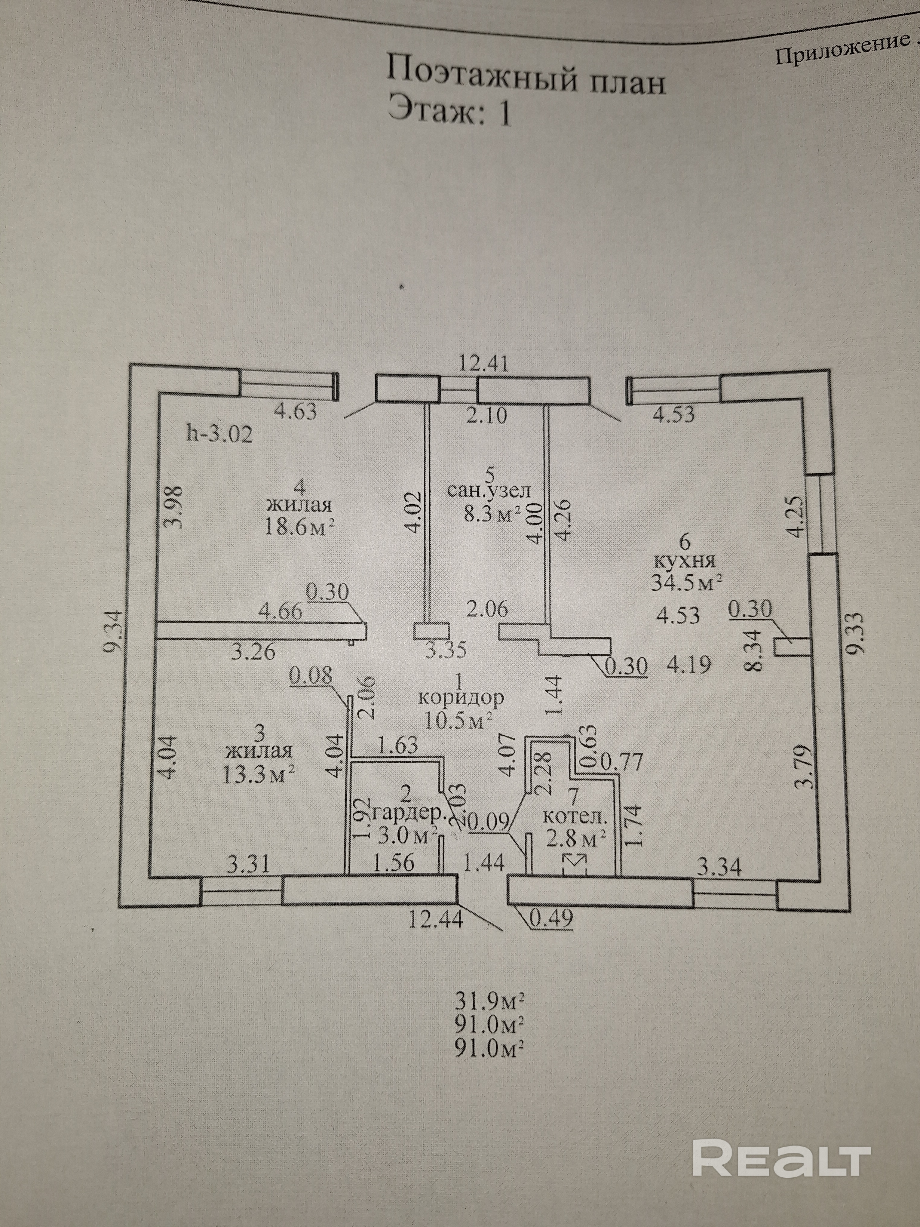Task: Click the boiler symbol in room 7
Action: (x=575, y=875)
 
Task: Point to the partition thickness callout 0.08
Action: (x=311, y=676)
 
